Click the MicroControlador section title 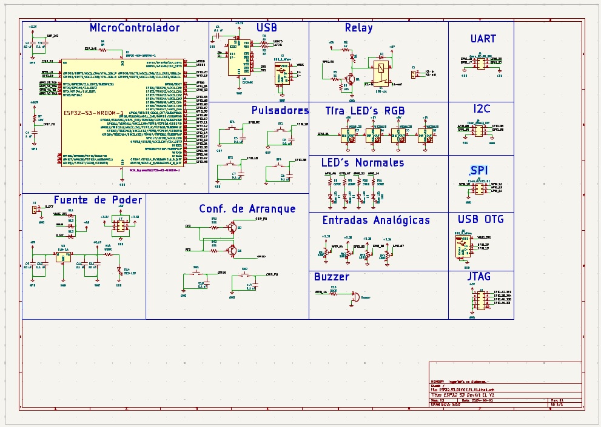click(x=135, y=28)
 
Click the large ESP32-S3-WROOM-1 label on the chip click(x=94, y=113)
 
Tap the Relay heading click(x=358, y=28)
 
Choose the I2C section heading click(x=483, y=109)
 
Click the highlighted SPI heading click(x=479, y=170)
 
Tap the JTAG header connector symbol click(x=479, y=299)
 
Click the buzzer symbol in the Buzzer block click(x=354, y=297)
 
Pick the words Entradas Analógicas click(x=376, y=220)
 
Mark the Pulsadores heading click(x=280, y=110)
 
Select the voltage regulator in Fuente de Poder click(x=61, y=257)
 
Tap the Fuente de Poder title click(x=98, y=200)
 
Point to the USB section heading click(x=266, y=28)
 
